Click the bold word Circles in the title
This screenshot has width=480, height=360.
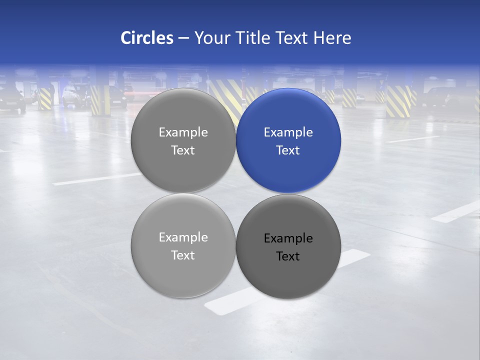tap(147, 38)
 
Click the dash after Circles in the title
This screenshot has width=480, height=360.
tap(183, 38)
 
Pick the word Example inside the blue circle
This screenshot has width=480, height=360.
tap(288, 132)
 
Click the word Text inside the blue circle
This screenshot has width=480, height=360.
tap(288, 150)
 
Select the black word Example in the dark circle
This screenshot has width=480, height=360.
tap(288, 238)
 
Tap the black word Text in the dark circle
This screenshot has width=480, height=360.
tap(288, 256)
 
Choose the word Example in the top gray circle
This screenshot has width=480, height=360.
tap(183, 132)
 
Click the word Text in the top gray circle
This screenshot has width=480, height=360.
tap(183, 150)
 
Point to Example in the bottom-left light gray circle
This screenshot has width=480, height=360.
tap(183, 237)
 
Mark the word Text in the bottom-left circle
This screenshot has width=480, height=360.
tap(183, 255)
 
